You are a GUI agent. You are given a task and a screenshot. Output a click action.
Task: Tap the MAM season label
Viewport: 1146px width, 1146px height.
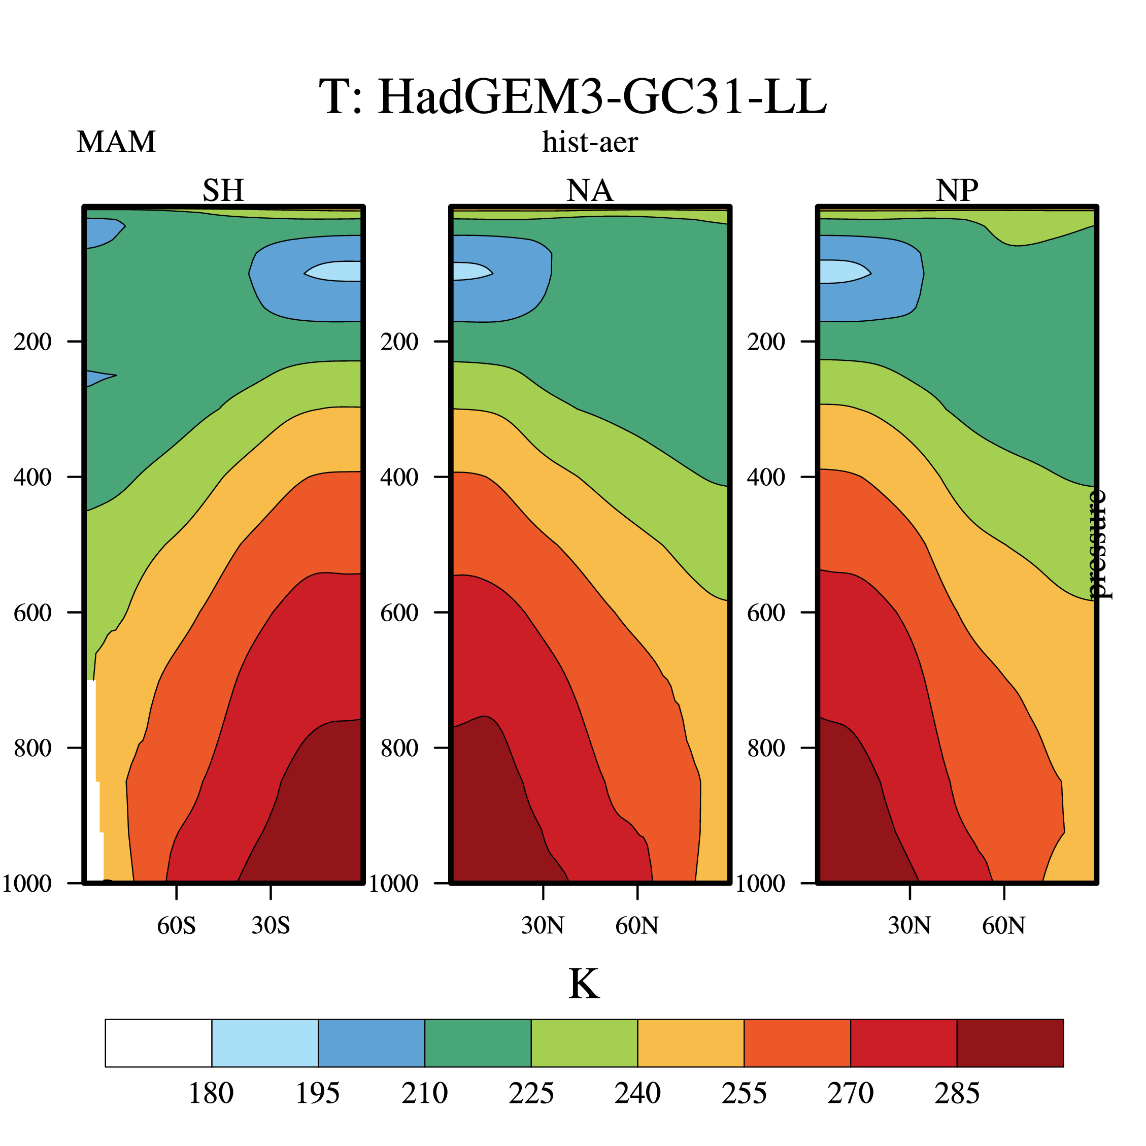point(116,142)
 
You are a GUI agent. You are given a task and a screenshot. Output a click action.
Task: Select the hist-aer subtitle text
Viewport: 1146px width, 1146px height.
point(590,142)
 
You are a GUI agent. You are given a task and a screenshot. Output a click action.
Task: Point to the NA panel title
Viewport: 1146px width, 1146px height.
point(590,190)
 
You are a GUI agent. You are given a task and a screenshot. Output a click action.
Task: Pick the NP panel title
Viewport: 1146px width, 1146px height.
point(957,190)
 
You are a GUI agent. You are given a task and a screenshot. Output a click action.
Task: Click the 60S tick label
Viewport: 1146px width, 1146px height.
point(176,925)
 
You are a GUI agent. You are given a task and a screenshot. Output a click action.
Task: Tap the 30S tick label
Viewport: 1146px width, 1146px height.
point(271,925)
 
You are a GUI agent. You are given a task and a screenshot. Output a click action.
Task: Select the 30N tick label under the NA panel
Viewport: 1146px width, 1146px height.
point(543,925)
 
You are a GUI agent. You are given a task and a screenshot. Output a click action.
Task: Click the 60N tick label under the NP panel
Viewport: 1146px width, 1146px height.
point(1004,925)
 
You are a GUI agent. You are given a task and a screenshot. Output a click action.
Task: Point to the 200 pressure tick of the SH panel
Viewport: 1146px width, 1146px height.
point(32,342)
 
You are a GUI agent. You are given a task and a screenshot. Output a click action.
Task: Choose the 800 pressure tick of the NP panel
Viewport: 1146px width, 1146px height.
point(766,748)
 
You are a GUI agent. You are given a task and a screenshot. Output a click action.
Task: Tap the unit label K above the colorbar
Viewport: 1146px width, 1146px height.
point(584,985)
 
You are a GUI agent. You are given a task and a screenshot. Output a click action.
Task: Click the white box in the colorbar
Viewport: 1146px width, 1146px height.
point(158,1043)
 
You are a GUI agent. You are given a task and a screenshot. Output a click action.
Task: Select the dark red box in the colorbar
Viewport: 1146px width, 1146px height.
point(1010,1043)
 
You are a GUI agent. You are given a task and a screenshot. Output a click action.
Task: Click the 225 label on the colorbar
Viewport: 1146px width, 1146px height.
point(531,1093)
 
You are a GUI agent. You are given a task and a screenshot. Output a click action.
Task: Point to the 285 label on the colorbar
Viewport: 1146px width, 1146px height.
point(957,1093)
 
